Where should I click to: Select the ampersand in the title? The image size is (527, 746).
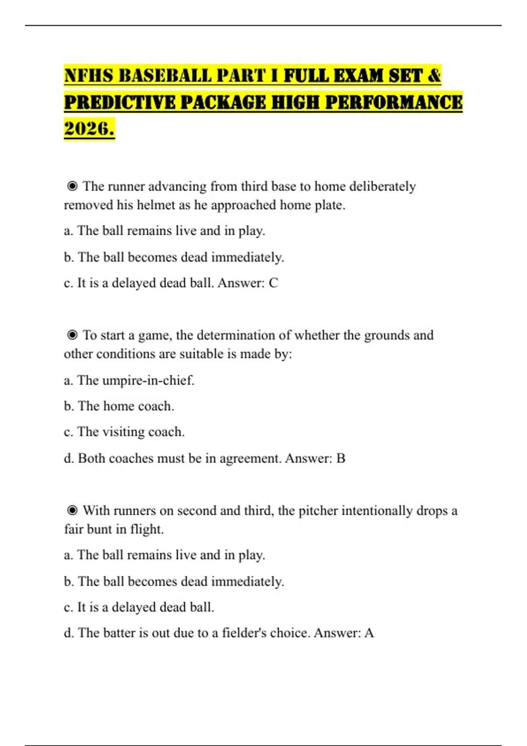point(434,75)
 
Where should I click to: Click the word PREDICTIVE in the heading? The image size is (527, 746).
point(119,102)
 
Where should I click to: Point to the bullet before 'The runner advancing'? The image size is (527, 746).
point(72,186)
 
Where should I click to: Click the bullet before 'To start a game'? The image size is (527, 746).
point(72,335)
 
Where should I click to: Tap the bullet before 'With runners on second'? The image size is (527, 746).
point(72,510)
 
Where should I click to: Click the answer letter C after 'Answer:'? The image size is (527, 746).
point(273,283)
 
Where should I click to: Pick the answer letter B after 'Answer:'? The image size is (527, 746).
point(341,458)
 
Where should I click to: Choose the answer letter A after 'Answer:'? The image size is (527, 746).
point(369,633)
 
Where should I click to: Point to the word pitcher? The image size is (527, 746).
point(318,511)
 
